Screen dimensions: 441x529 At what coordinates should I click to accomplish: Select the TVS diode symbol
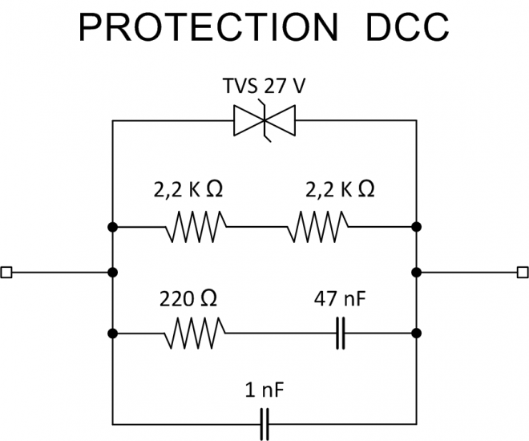(x=264, y=121)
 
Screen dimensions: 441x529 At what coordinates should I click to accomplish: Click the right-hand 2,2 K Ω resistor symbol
(x=318, y=228)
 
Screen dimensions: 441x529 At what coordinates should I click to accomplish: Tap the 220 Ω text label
(x=191, y=300)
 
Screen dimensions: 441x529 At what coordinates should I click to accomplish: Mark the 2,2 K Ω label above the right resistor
(x=341, y=190)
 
